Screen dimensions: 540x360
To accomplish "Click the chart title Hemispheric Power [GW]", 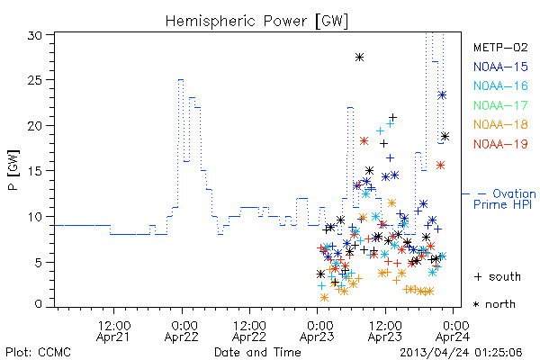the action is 256,22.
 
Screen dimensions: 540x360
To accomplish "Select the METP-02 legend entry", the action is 500,48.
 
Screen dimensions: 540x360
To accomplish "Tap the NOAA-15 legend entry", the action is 500,67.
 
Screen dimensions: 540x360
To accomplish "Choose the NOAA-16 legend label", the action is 500,85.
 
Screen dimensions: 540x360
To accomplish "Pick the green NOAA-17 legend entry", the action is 500,105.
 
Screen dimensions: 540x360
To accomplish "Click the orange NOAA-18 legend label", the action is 500,124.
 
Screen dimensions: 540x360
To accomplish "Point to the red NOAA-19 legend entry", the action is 500,144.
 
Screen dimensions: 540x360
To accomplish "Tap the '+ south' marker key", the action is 498,276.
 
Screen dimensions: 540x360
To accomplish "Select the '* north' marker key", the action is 494,304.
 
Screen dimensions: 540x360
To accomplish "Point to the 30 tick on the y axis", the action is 35,35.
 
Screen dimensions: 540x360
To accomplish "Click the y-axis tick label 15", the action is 35,171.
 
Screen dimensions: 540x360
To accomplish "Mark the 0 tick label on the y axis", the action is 39,304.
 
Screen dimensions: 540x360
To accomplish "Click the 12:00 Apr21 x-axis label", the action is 113,331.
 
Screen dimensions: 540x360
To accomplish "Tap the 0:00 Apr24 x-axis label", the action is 453,331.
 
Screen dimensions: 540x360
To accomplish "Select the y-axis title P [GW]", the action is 13,170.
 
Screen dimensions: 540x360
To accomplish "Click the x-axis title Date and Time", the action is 257,352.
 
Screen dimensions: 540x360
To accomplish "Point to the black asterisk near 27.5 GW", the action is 359,58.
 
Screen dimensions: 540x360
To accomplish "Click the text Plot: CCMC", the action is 38,352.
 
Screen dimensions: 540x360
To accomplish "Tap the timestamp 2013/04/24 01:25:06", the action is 461,353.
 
